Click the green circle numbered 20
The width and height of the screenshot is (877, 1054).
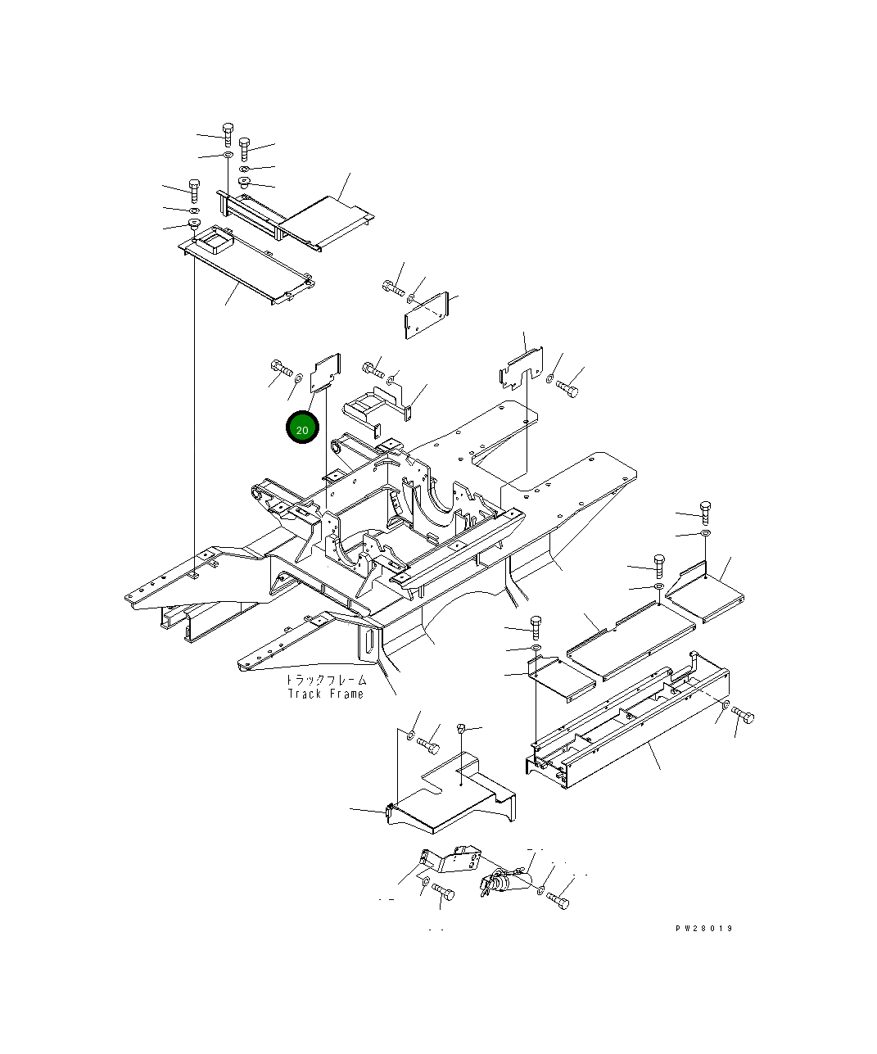coord(302,427)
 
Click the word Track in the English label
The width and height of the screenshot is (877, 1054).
coord(305,694)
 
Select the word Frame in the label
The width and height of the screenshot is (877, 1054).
coord(347,694)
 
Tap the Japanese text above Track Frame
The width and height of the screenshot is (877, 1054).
coord(326,680)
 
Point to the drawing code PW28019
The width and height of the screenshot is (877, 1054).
coord(704,928)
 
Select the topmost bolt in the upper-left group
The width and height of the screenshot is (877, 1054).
coord(228,133)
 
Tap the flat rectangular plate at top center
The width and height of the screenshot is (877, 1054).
coord(426,315)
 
